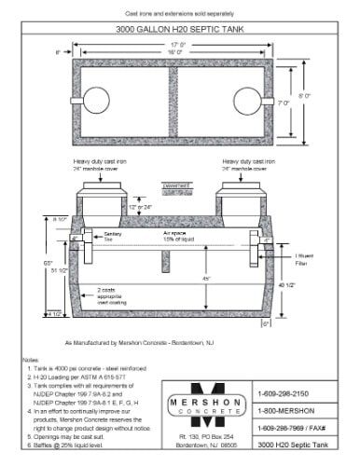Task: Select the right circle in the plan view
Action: pos(244,99)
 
